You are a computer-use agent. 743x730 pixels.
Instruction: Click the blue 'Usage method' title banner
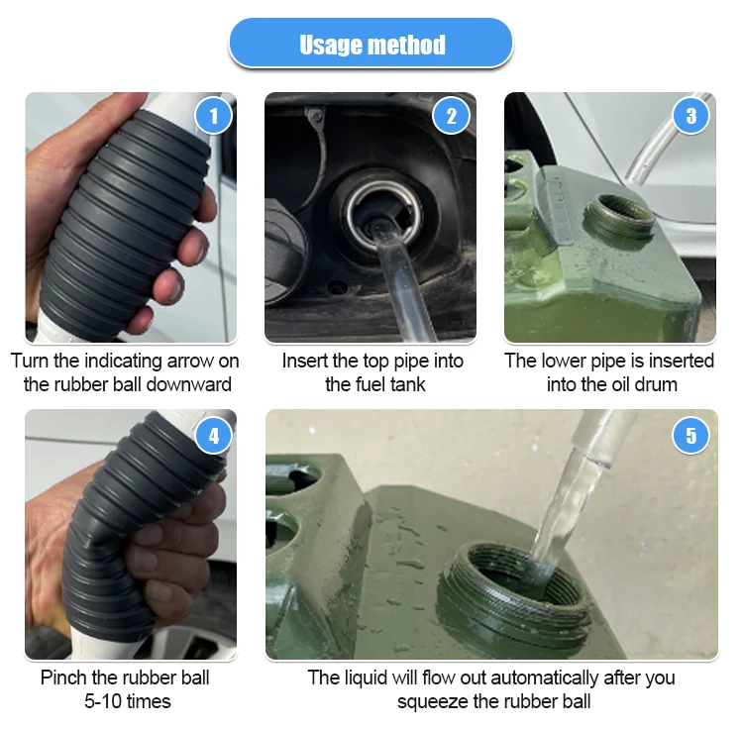point(371,45)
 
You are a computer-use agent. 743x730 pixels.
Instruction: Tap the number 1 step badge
point(213,116)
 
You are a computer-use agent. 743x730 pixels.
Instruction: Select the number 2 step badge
point(452,116)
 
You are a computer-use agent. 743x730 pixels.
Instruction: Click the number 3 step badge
point(690,116)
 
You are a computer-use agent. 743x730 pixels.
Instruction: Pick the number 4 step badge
point(213,434)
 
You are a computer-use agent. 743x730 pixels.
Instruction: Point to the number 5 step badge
point(690,434)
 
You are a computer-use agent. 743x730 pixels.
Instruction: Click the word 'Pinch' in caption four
point(63,678)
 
